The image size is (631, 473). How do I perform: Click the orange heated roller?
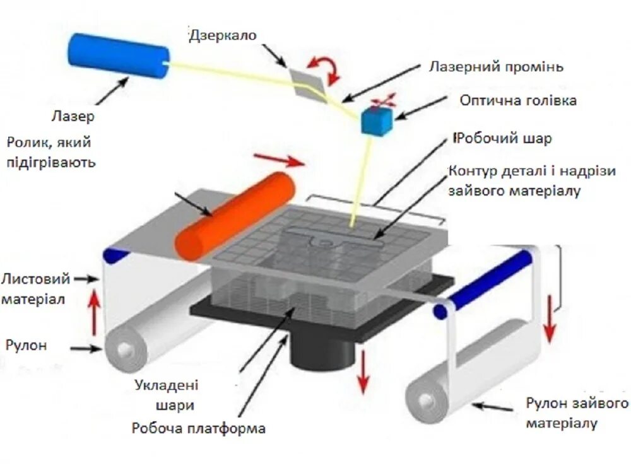pos(235,214)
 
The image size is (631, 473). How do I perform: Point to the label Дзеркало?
pos(223,35)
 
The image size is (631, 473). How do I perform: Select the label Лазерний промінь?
pos(496,66)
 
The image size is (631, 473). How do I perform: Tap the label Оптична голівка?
pos(517,100)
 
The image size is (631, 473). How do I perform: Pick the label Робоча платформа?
pos(199,429)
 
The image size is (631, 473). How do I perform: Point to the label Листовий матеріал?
pos(35,288)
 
